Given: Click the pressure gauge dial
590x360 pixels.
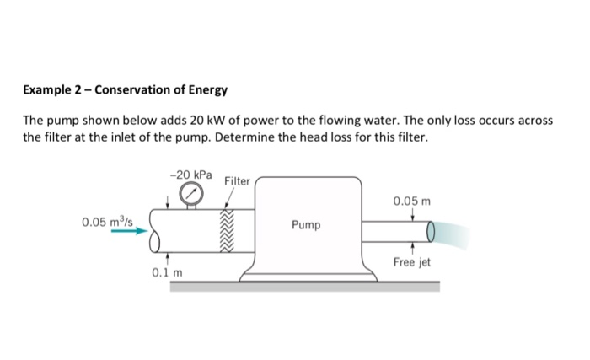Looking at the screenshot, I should tap(193, 194).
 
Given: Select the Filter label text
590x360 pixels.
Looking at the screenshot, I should tap(238, 180).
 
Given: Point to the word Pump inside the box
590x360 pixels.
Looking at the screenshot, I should tap(305, 225).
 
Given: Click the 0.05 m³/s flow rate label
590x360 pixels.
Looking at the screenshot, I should tap(103, 223).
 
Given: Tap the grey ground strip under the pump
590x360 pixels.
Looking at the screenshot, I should tap(303, 286).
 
